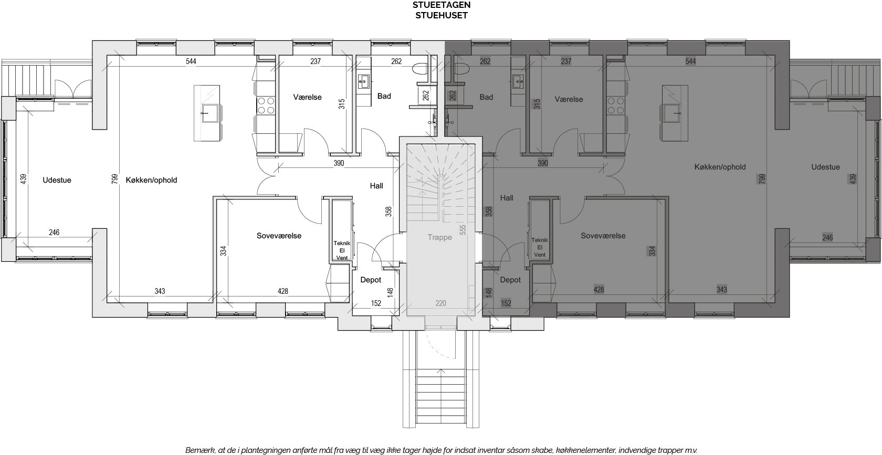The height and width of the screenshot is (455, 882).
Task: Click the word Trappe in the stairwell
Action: [x=440, y=237]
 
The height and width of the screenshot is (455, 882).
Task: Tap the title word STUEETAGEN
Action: [x=442, y=5]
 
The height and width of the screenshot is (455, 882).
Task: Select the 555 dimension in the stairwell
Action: [x=463, y=230]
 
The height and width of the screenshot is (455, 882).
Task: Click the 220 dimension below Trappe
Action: [x=441, y=303]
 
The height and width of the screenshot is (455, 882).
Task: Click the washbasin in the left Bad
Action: [x=363, y=82]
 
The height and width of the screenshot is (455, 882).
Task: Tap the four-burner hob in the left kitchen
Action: [x=266, y=105]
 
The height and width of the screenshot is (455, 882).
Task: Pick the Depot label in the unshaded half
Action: [x=371, y=280]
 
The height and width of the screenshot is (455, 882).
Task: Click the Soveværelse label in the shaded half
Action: [x=603, y=236]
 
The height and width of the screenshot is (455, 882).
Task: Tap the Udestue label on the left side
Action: [x=57, y=181]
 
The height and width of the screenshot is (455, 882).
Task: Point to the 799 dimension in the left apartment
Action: [x=114, y=179]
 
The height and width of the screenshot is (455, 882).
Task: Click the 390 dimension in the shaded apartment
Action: [x=543, y=163]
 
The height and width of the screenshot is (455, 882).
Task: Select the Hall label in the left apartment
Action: [x=376, y=186]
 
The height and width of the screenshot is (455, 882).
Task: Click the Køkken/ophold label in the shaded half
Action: [x=720, y=167]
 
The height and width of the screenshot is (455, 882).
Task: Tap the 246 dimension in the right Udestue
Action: [x=827, y=237]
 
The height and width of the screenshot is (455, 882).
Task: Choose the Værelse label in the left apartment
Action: [x=308, y=97]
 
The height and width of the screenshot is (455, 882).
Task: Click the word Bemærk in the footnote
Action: [x=200, y=450]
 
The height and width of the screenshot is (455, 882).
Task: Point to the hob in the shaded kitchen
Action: [x=615, y=105]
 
